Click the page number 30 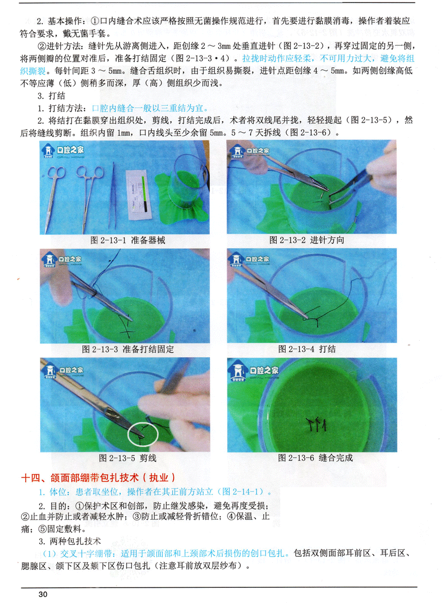(43, 594)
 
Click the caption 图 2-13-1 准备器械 (127, 240)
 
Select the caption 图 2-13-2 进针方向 (306, 240)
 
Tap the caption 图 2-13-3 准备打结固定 (128, 349)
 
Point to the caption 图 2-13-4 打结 (307, 349)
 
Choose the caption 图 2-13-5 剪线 (127, 458)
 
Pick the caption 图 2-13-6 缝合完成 (315, 458)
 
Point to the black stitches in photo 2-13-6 (316, 424)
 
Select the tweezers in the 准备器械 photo (112, 195)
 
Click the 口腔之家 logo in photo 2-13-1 (63, 151)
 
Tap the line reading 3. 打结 (51, 96)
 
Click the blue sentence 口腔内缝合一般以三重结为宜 (150, 108)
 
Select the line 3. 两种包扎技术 (70, 541)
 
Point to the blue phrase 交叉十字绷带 (86, 554)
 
